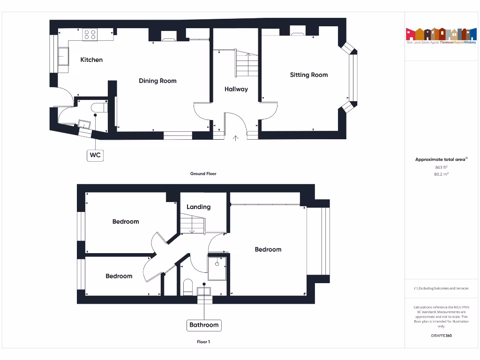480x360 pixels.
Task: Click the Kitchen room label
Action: tap(91, 60)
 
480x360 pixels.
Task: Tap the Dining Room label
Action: tap(157, 81)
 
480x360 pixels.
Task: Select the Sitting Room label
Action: tap(308, 75)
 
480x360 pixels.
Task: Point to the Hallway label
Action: tap(236, 89)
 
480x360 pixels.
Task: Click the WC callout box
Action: tap(95, 155)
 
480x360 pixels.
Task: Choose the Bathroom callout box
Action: tap(204, 325)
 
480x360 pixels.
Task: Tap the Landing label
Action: tap(198, 207)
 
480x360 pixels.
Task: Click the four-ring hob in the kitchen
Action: tap(90, 34)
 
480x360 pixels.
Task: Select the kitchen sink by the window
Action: tap(62, 57)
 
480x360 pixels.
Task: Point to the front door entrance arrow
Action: tap(236, 138)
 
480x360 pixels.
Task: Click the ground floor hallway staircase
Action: tap(246, 64)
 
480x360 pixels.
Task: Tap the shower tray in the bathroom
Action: tap(217, 267)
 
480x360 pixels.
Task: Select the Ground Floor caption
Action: tap(203, 173)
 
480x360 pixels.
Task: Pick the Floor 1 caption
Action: tap(203, 342)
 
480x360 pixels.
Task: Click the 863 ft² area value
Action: tap(441, 167)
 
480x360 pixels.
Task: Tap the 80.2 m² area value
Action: tap(441, 174)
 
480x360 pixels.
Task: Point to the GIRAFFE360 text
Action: tap(441, 336)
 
